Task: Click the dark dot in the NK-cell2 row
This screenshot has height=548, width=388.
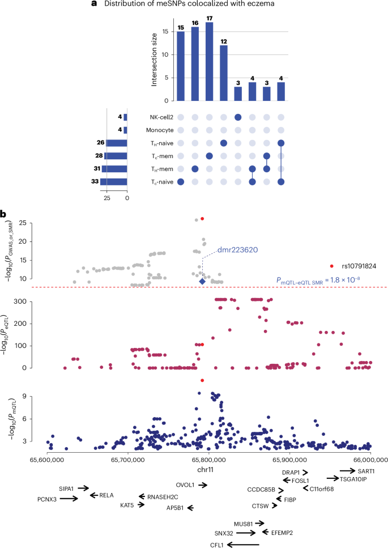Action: click(x=238, y=117)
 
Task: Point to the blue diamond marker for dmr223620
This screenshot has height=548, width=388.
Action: click(x=202, y=282)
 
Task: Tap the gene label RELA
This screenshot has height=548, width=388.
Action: click(x=106, y=479)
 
